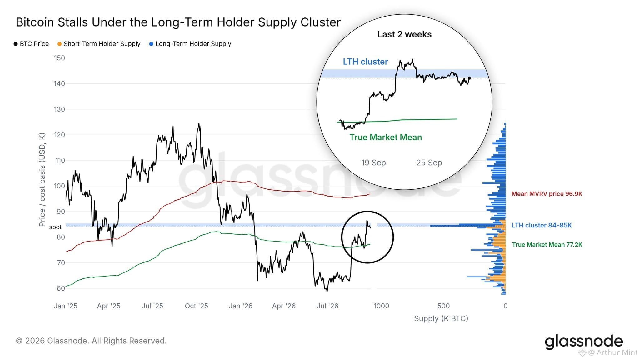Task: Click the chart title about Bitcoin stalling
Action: (x=178, y=22)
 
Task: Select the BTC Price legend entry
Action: (x=31, y=44)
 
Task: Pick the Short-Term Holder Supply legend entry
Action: (x=99, y=44)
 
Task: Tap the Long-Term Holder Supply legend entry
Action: (x=190, y=44)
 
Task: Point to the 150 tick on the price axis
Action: (x=59, y=58)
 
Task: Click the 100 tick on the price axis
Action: (x=59, y=186)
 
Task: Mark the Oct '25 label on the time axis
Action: (x=197, y=306)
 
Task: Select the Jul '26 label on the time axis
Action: (x=327, y=306)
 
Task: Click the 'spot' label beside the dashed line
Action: (x=55, y=227)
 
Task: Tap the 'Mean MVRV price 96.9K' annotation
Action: (x=547, y=194)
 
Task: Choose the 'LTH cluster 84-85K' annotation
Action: (x=542, y=225)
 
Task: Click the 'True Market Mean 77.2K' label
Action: (x=547, y=245)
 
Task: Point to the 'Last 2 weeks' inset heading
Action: (x=404, y=34)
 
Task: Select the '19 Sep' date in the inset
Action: (x=373, y=162)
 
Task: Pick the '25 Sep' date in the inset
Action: (x=429, y=162)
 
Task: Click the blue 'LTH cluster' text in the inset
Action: (x=365, y=62)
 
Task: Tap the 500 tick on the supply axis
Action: (x=443, y=306)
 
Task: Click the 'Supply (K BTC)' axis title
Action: (x=441, y=318)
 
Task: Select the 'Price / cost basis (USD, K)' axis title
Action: (x=42, y=180)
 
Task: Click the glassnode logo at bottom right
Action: (x=584, y=342)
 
